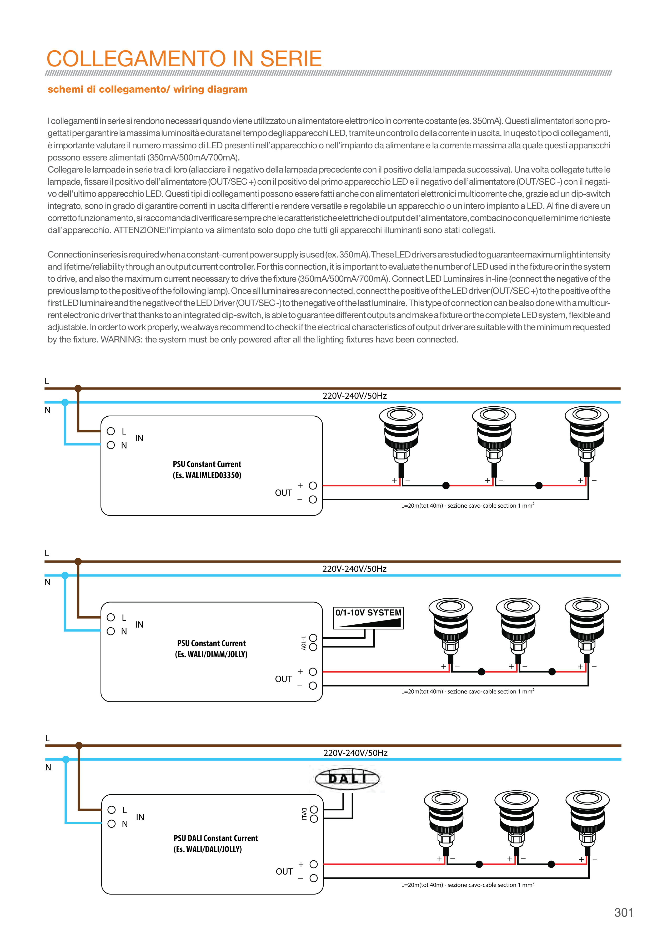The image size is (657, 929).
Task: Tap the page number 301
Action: click(x=623, y=912)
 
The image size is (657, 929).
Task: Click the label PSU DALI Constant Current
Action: click(x=215, y=838)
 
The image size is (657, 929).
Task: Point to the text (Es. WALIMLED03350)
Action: click(x=207, y=475)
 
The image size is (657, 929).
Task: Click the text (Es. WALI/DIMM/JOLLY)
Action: click(x=211, y=654)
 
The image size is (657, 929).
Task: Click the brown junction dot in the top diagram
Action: click(x=78, y=388)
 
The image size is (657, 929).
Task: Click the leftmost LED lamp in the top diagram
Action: click(x=401, y=437)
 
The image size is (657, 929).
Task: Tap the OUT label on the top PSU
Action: click(x=283, y=493)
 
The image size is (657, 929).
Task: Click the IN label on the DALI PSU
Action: click(x=140, y=817)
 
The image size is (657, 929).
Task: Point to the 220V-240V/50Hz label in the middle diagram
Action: click(x=354, y=569)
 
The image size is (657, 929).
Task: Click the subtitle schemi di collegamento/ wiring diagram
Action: click(x=147, y=89)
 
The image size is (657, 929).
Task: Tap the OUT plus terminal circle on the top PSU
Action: click(x=313, y=486)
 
